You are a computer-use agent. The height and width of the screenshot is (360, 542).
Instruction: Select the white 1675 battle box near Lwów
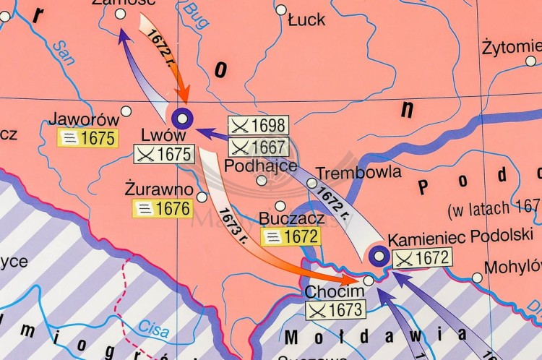(x=165, y=154)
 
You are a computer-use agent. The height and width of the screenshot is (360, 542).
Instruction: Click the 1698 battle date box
(x=258, y=125)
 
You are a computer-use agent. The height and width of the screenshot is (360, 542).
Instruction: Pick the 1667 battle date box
(x=258, y=147)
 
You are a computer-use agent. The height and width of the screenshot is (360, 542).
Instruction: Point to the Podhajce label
(x=251, y=166)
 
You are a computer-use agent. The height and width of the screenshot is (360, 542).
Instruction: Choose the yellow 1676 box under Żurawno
(x=162, y=209)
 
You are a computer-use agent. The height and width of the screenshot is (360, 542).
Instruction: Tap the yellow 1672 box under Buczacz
(x=291, y=236)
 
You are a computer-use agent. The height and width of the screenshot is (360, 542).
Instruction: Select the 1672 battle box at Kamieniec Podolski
(x=423, y=257)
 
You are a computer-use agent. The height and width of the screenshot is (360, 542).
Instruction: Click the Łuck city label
(x=306, y=20)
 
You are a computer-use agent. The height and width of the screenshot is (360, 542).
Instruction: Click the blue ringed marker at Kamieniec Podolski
(x=377, y=255)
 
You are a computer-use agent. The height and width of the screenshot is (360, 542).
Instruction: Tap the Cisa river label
(x=153, y=330)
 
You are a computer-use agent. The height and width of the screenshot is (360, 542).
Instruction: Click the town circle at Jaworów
(x=126, y=111)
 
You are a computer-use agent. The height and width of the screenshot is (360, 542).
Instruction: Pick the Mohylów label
(x=512, y=267)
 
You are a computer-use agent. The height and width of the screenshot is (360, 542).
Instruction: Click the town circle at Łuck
(x=281, y=9)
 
